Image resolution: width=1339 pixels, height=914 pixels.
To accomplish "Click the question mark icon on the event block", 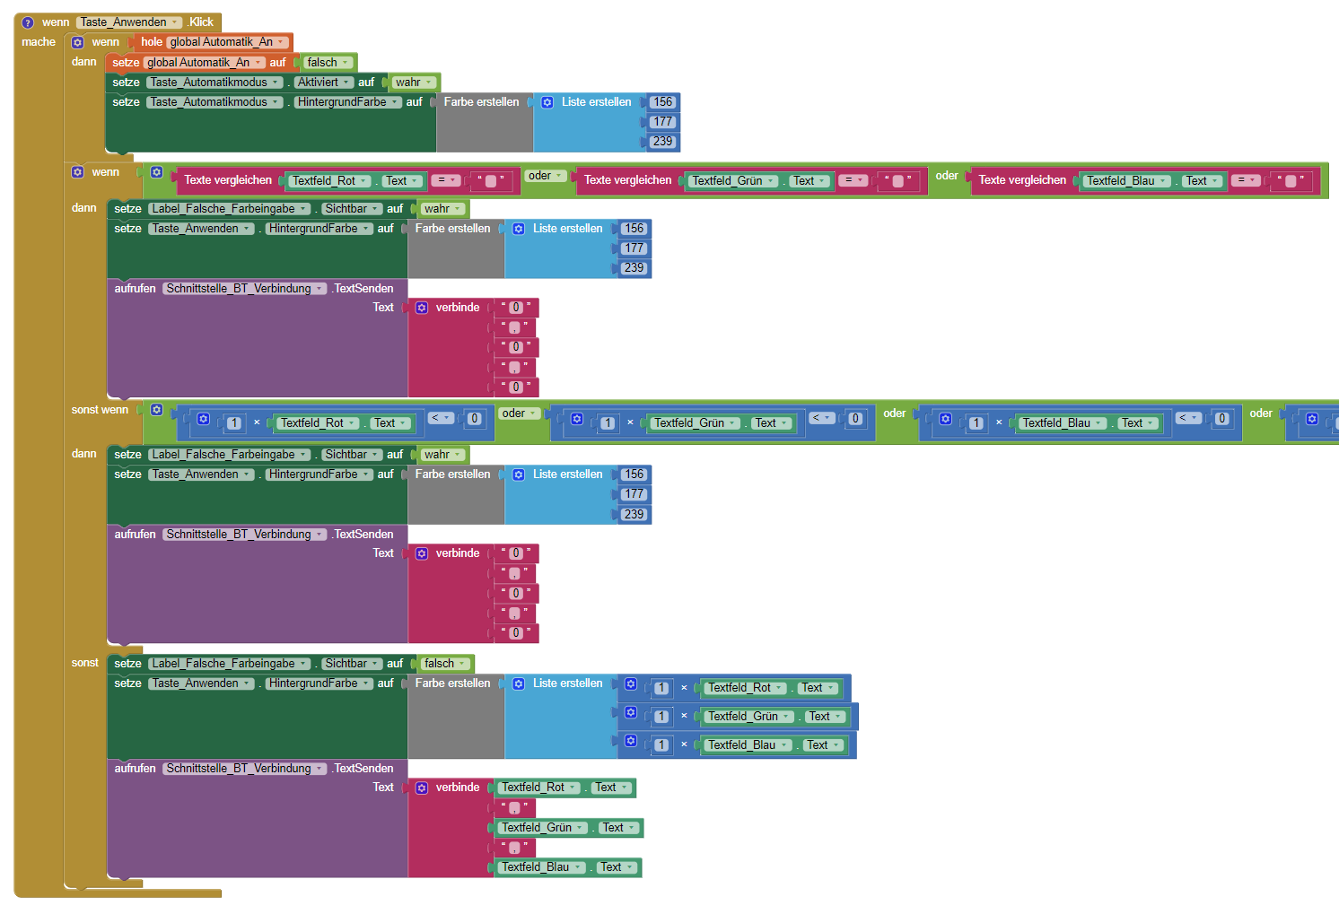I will coord(28,22).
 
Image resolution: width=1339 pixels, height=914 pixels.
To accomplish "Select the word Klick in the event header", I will coord(201,22).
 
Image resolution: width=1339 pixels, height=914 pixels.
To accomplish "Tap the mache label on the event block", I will coord(39,42).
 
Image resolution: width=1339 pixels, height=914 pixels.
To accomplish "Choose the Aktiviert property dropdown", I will coord(324,83).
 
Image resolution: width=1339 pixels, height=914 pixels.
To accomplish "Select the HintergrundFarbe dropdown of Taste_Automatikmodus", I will coord(347,102).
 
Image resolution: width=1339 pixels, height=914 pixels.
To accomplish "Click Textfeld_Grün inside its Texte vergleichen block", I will coord(729,181).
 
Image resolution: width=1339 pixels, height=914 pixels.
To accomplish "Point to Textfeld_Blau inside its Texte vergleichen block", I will coord(1122,181).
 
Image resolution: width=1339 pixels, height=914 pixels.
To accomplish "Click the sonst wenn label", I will coord(100,410).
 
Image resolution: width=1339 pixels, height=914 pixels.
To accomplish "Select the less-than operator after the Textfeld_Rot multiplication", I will coord(441,418).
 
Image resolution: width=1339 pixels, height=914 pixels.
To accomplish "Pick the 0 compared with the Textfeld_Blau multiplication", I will coord(1221,419).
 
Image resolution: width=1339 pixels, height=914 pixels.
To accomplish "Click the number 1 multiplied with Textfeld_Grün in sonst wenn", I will coord(608,423).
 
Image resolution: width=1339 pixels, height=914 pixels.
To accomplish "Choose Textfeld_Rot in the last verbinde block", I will coord(535,788).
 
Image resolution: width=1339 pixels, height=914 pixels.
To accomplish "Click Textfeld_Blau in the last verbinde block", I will coord(538,867).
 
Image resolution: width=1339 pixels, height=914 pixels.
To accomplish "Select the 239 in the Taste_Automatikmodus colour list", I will coord(662,142).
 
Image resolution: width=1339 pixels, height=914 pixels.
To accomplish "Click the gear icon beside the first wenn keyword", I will coord(77,42).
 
